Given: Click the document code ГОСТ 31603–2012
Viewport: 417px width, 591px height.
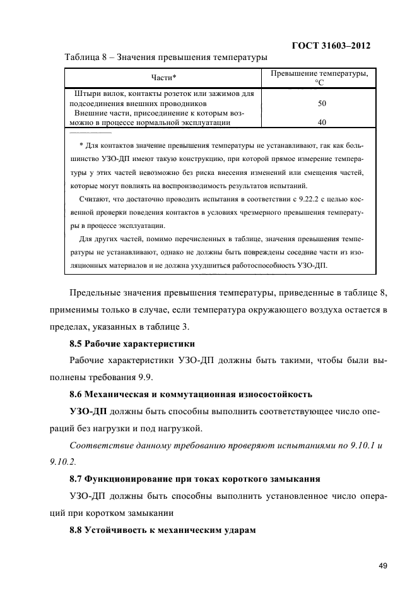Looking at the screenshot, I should click(x=331, y=46).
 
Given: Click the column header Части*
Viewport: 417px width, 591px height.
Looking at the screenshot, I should click(x=163, y=78).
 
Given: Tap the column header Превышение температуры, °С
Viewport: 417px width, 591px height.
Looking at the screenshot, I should click(x=319, y=78).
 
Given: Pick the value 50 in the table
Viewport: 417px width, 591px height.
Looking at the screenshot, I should click(x=322, y=102).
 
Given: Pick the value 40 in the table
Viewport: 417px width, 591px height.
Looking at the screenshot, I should click(x=322, y=122).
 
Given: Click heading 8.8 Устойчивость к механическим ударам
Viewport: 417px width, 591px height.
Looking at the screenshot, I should click(x=162, y=529).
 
